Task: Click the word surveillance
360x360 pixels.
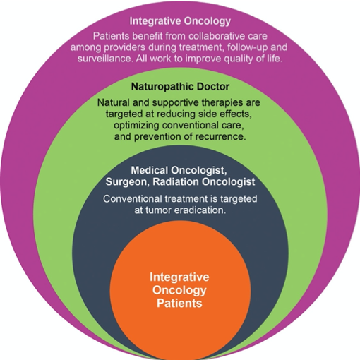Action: (x=105, y=59)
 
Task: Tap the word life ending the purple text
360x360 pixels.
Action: (x=275, y=59)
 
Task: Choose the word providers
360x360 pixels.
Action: (x=124, y=48)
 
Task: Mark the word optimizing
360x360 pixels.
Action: (x=136, y=126)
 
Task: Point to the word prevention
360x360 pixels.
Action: (x=158, y=137)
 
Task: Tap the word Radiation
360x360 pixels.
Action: (x=176, y=181)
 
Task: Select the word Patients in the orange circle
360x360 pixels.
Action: (x=179, y=303)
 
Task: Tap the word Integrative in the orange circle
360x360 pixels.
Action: (x=179, y=277)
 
